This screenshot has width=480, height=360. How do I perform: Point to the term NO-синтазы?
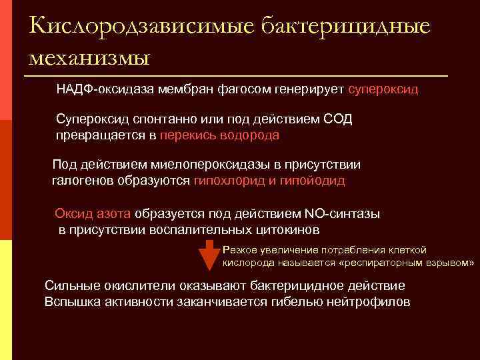(342, 214)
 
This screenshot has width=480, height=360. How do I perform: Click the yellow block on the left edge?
(6, 300)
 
